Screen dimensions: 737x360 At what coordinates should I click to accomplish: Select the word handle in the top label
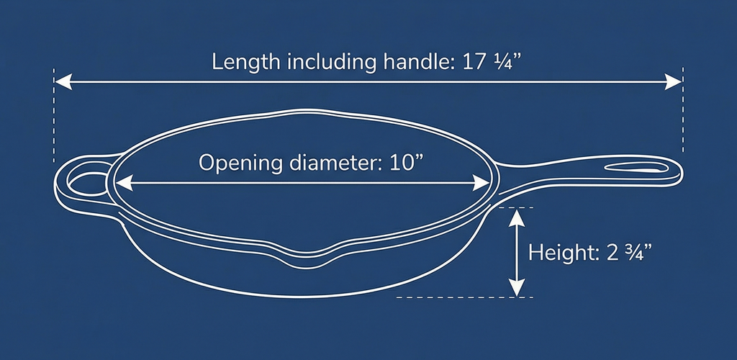coord(414,62)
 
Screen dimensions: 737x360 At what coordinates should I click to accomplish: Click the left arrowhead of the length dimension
coord(63,82)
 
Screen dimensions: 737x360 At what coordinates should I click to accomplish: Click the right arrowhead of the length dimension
coord(673,82)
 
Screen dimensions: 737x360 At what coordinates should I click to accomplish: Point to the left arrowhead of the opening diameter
coord(124,183)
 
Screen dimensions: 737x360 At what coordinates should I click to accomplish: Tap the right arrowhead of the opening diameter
coord(481,183)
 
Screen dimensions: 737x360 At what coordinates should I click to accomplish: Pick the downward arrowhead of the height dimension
coord(517,287)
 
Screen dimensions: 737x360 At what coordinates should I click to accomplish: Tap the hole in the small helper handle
coord(87,184)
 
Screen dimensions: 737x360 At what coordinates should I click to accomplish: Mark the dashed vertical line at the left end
coord(53,115)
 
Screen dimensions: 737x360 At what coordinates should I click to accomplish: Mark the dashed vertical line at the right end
coord(682,109)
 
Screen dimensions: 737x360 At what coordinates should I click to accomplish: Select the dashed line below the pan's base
coord(465,297)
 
